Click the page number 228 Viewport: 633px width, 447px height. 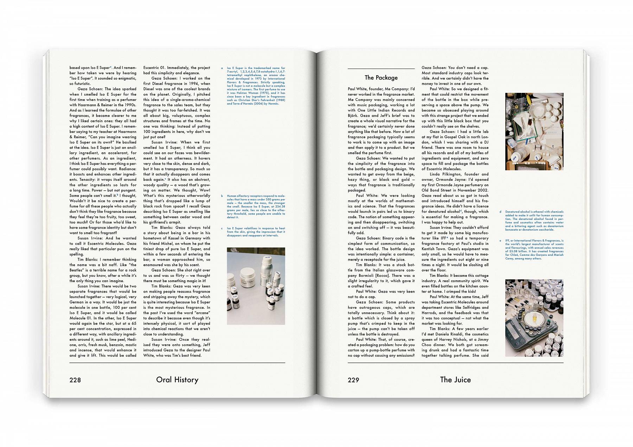click(75, 380)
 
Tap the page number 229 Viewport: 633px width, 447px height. click(353, 380)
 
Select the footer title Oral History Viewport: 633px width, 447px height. click(177, 380)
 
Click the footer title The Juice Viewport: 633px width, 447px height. click(455, 380)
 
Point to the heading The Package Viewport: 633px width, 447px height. click(381, 78)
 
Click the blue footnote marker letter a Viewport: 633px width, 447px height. click(222, 68)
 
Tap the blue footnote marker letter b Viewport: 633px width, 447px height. click(222, 196)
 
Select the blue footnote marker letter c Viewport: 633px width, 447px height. click(222, 228)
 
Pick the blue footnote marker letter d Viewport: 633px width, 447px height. click(500, 212)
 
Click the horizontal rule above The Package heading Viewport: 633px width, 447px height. click(381, 69)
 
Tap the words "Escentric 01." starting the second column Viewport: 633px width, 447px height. click(155, 68)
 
